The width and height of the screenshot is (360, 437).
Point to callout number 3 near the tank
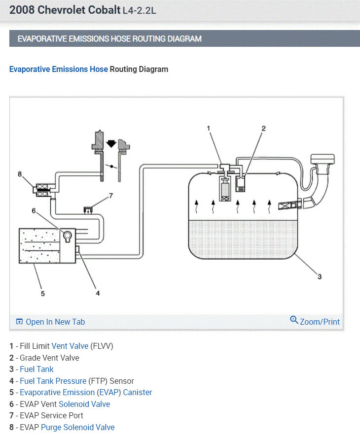click(319, 276)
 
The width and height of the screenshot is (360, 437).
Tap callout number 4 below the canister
click(98, 293)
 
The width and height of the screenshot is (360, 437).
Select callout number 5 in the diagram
click(43, 294)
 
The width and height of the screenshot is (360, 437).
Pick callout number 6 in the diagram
click(34, 210)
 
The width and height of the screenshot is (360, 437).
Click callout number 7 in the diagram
click(111, 196)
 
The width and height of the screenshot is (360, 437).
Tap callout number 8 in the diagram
click(20, 173)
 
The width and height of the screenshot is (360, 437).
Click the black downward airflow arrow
click(111, 143)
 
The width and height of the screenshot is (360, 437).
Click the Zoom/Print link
click(315, 321)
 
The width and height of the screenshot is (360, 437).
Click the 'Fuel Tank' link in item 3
click(36, 369)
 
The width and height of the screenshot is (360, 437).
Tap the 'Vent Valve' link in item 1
click(70, 346)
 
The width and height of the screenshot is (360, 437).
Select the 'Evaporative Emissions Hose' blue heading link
click(58, 69)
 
